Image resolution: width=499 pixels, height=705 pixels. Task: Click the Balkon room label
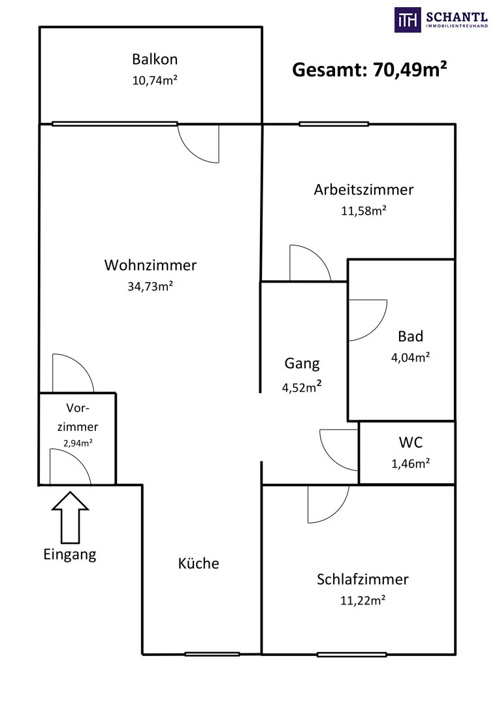[154, 59]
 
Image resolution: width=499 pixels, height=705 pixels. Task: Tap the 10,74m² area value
[155, 81]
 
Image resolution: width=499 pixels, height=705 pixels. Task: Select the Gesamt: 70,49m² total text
[369, 69]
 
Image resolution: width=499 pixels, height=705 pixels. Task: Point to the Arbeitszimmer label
[363, 190]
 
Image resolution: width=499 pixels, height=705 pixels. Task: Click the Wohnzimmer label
[150, 265]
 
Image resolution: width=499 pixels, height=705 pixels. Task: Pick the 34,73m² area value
[150, 286]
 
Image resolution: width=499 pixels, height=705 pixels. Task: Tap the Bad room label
[411, 336]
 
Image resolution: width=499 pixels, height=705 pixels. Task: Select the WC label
[411, 442]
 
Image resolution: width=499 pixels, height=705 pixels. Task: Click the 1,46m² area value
[410, 463]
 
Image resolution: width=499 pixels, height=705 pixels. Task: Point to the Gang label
[302, 364]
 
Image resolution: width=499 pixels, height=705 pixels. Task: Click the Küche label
[199, 563]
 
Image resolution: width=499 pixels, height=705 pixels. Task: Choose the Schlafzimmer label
[362, 579]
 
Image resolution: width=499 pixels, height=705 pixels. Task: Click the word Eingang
[70, 555]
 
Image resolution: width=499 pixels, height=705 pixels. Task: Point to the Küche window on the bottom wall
[212, 653]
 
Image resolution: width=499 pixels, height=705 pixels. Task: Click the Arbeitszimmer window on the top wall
[334, 124]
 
